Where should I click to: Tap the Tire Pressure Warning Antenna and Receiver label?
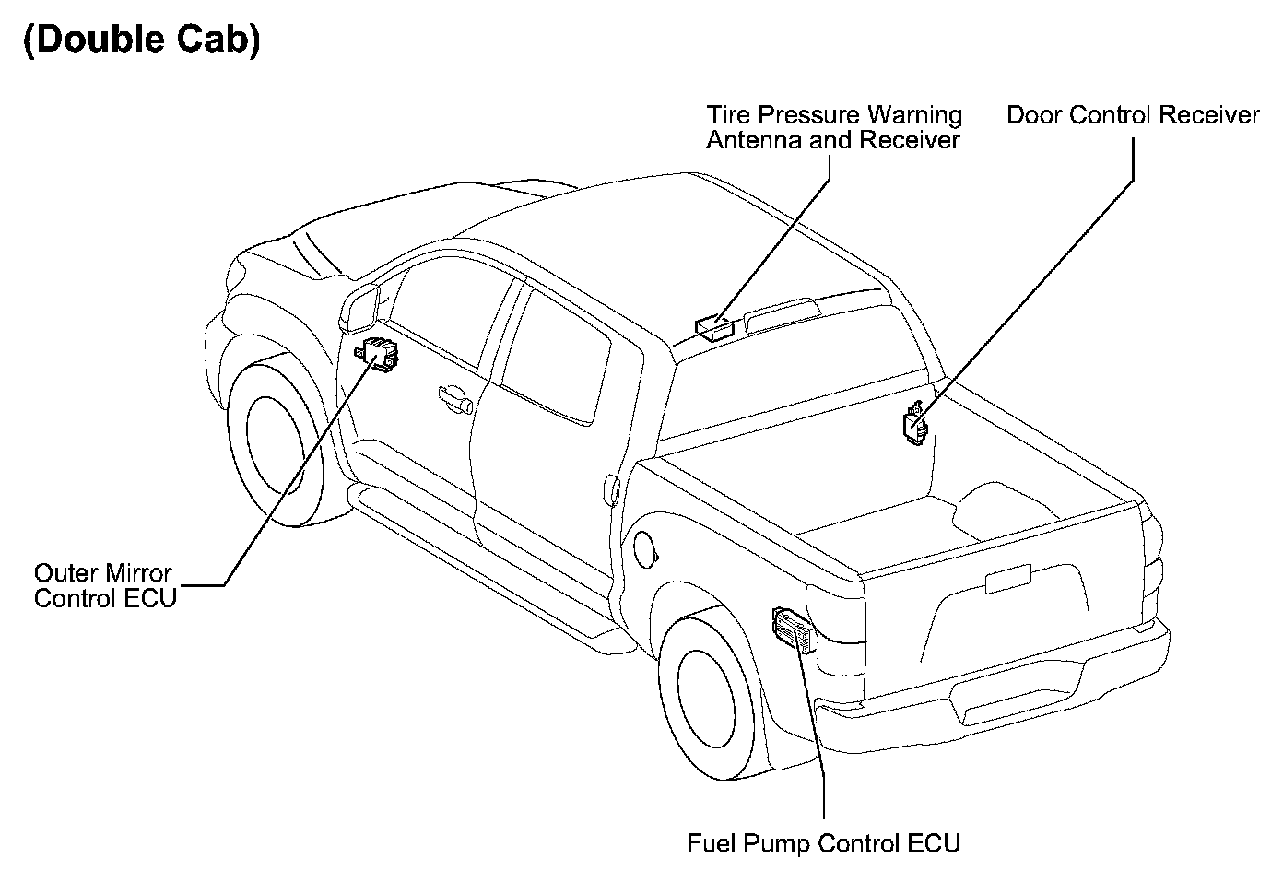pyautogui.click(x=833, y=128)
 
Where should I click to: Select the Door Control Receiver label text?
pyautogui.click(x=1132, y=116)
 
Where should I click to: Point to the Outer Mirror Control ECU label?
pyautogui.click(x=103, y=585)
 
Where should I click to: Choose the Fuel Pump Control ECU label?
pyautogui.click(x=823, y=843)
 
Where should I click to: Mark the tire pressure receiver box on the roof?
pyautogui.click(x=714, y=327)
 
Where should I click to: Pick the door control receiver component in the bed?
pyautogui.click(x=915, y=424)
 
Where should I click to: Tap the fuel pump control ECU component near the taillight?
pyautogui.click(x=794, y=629)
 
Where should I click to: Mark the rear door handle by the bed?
pyautogui.click(x=609, y=489)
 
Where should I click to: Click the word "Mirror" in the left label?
pyautogui.click(x=138, y=573)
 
